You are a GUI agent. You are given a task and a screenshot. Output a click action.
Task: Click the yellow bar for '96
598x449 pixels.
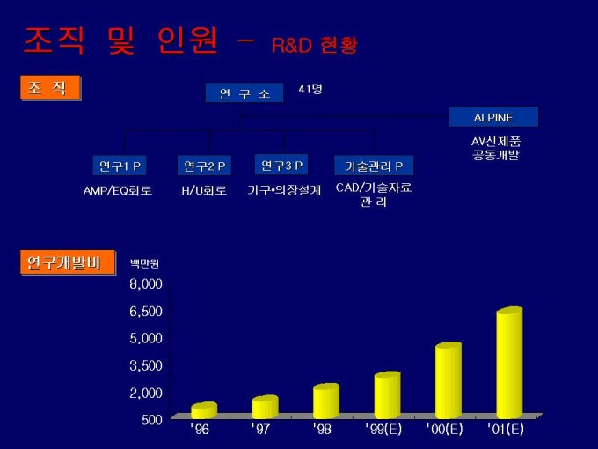pos(203,411)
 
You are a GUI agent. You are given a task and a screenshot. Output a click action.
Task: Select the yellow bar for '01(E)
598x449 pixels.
pos(508,364)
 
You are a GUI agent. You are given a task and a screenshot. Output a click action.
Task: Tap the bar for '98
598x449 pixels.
pos(325,401)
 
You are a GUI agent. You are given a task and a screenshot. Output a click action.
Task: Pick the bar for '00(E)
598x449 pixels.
pos(448,381)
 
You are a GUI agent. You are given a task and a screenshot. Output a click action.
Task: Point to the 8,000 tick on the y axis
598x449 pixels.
pos(146,283)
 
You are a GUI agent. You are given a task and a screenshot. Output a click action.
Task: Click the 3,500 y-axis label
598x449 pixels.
pos(146,364)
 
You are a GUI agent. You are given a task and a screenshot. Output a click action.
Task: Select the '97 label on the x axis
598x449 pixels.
pos(261,430)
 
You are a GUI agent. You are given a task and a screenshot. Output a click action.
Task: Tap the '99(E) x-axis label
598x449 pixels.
pos(383,430)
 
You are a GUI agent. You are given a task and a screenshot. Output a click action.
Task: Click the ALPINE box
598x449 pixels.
pos(492,117)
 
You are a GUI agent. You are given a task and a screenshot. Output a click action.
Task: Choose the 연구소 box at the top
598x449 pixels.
pos(244,92)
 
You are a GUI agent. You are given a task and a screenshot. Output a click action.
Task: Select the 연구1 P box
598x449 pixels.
pos(120,166)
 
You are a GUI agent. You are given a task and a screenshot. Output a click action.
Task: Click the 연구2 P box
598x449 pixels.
pos(204,166)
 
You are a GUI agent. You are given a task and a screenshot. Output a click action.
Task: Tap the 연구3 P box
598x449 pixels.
pos(281,165)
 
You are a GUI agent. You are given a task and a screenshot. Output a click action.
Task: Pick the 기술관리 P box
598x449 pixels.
pos(374,166)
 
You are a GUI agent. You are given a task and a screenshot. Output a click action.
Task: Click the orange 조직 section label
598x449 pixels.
pos(49,88)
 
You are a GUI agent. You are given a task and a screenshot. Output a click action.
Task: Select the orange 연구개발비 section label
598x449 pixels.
pos(58,262)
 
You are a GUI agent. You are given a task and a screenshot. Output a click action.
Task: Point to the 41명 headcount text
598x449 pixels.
pos(310,89)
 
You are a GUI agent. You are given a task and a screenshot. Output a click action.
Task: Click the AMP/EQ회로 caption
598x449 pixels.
pos(117,190)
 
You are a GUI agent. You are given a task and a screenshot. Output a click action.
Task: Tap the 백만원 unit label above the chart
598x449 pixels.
pos(145,262)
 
